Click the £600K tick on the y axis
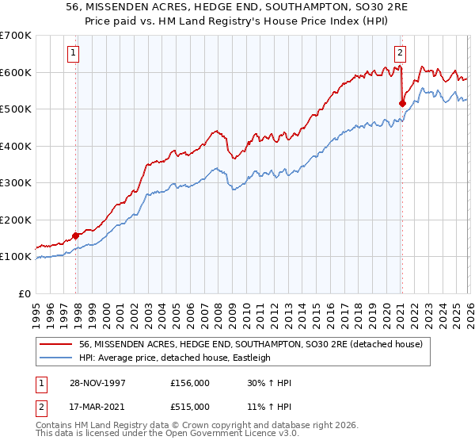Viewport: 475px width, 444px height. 16,72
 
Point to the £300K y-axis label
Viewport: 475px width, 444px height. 16,182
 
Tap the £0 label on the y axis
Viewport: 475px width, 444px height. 25,293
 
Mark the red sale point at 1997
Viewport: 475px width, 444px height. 76,235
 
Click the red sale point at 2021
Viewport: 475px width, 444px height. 402,103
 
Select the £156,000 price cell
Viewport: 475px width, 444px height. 189,382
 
